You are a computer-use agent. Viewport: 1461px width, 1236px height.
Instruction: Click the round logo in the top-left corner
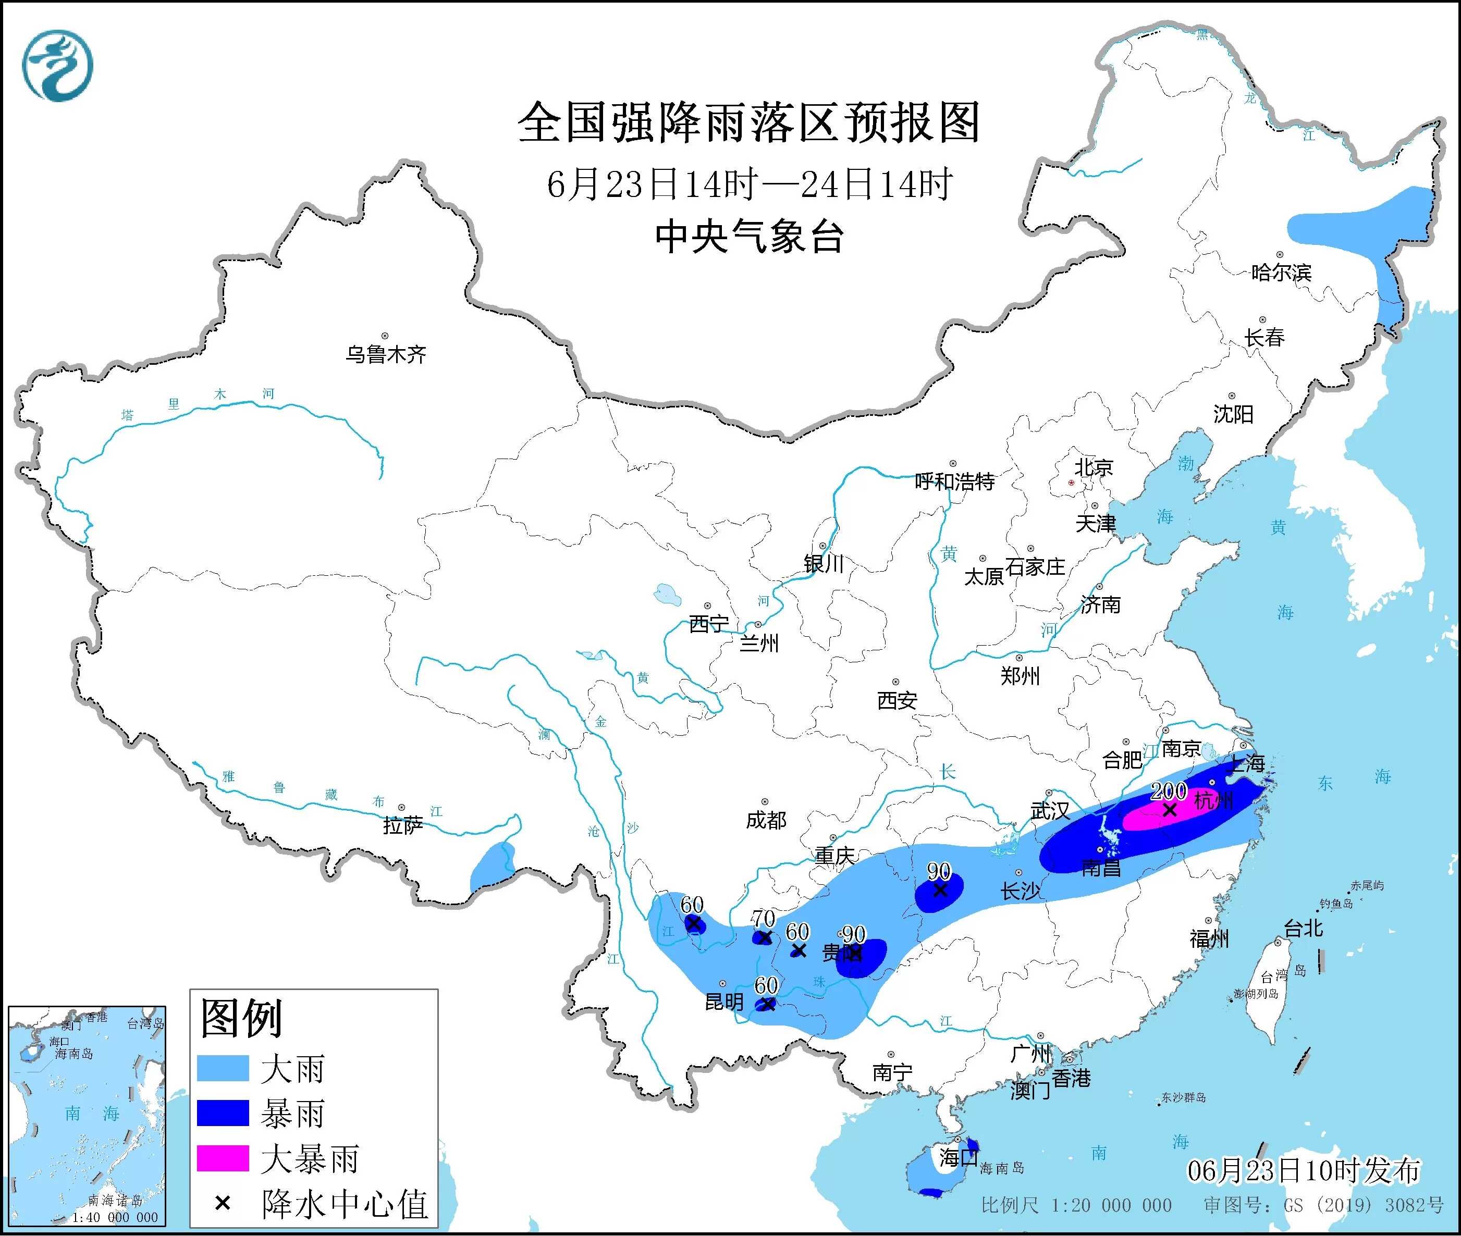(x=57, y=65)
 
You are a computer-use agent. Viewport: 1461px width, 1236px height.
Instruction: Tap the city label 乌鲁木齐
(x=385, y=354)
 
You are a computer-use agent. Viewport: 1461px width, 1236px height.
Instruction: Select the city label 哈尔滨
(x=1280, y=272)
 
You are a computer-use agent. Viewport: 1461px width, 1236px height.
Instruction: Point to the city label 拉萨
(x=403, y=825)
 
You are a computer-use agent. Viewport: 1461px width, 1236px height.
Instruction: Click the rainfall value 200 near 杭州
(x=1168, y=791)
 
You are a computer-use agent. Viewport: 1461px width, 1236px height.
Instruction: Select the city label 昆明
(x=724, y=1002)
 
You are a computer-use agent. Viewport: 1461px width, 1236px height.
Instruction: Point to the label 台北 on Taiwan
(x=1303, y=929)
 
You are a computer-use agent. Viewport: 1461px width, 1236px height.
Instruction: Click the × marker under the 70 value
(x=765, y=937)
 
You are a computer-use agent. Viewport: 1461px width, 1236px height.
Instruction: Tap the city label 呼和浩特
(x=954, y=481)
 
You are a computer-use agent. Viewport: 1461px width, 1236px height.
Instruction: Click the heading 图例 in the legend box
(x=242, y=1018)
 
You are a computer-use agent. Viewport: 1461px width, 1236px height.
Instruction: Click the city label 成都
(x=766, y=820)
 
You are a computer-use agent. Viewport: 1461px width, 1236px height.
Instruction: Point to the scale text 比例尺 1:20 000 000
(x=1076, y=1205)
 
